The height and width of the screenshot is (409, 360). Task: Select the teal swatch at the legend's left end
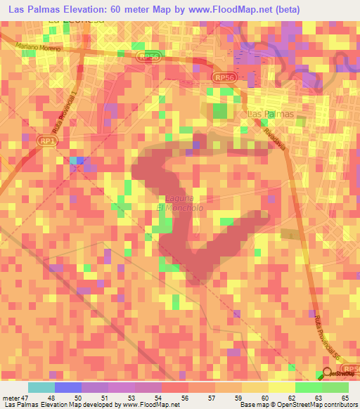coord(41,387)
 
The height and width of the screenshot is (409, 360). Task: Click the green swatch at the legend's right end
coord(335,387)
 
